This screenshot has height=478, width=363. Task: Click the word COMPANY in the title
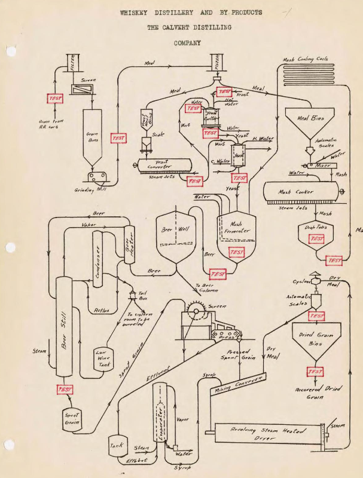pos(187,43)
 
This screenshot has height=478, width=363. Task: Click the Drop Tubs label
pos(315,227)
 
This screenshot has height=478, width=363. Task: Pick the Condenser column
pos(99,261)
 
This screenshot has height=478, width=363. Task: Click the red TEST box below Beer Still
pos(65,390)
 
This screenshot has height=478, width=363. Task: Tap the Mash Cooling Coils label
pos(309,60)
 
